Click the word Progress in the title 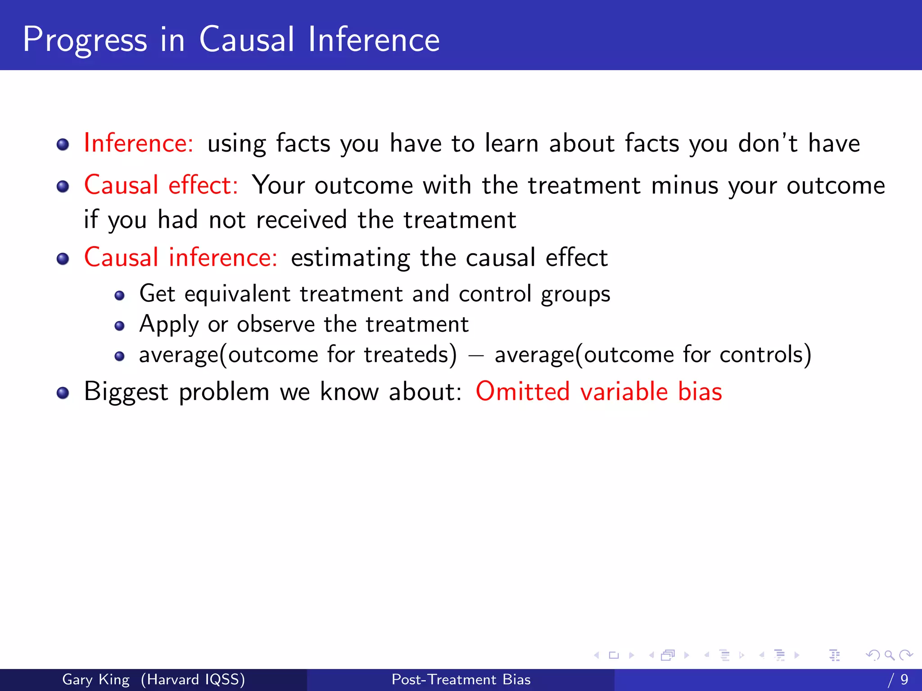point(85,40)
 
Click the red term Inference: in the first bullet point(139,144)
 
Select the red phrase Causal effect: point(161,185)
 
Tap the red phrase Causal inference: point(181,258)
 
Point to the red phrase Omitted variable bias point(598,391)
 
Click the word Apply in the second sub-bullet point(169,325)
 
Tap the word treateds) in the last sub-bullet point(410,354)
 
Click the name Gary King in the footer point(96,679)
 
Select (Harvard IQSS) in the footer point(193,679)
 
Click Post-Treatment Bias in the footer point(461,679)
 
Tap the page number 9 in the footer point(904,679)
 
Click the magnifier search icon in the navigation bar point(889,655)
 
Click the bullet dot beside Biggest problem point(63,393)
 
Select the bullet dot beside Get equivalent point(119,296)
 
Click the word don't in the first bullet point(768,144)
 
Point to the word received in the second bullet point(301,220)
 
